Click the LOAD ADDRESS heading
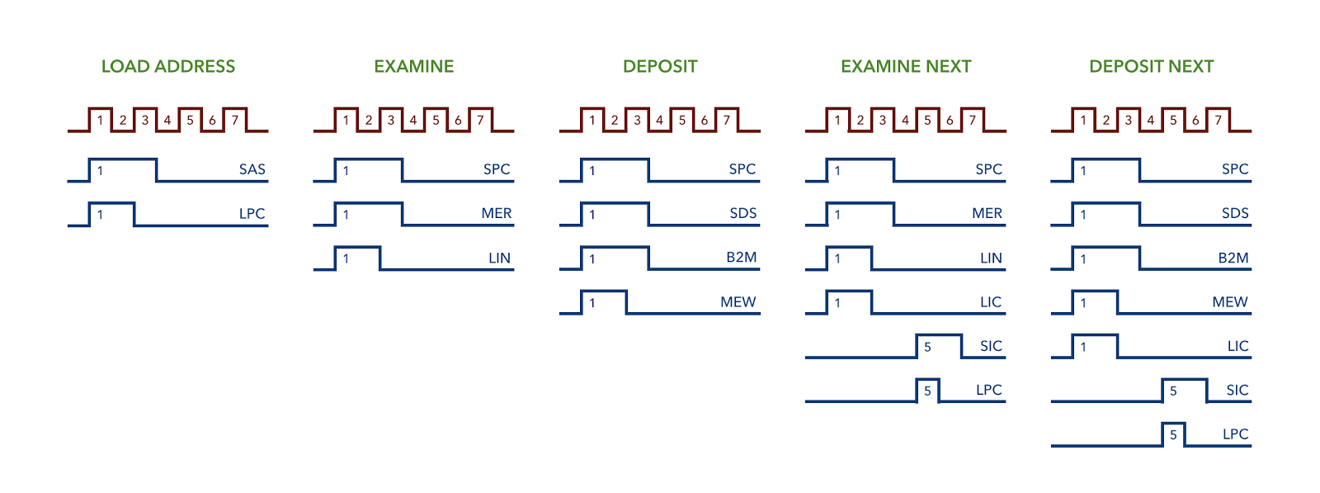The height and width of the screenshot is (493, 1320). pos(168,66)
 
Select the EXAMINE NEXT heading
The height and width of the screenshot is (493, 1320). pos(906,66)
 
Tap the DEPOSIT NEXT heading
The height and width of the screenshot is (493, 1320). pos(1152,66)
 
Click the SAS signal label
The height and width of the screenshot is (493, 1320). pos(252,169)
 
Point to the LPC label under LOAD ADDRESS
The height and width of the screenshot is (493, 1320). pos(252,214)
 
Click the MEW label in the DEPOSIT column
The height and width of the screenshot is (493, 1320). pos(738,302)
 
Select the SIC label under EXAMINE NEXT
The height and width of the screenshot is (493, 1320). pos(991,346)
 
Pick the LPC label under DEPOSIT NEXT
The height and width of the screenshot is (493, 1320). pos(1236,434)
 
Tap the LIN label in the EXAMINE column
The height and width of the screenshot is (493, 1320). pos(499,258)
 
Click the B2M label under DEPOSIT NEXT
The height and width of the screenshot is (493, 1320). pos(1233,258)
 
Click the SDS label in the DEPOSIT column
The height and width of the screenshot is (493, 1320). pos(743,214)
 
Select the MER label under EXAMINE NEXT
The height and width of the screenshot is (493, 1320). pos(987,214)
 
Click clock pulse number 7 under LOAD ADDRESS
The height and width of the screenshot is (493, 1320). pos(234,121)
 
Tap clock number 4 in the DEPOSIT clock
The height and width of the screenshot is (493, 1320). pos(659,121)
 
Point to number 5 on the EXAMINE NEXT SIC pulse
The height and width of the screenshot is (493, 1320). pos(927,348)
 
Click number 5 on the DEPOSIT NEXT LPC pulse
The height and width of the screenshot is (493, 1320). pos(1173,435)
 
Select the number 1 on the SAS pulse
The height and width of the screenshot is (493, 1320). pos(100,171)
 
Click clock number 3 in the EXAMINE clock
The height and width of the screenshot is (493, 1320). pos(391,121)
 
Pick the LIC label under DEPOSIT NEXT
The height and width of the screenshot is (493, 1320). pos(1238,346)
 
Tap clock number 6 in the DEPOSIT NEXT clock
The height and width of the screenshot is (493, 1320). pos(1195,121)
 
